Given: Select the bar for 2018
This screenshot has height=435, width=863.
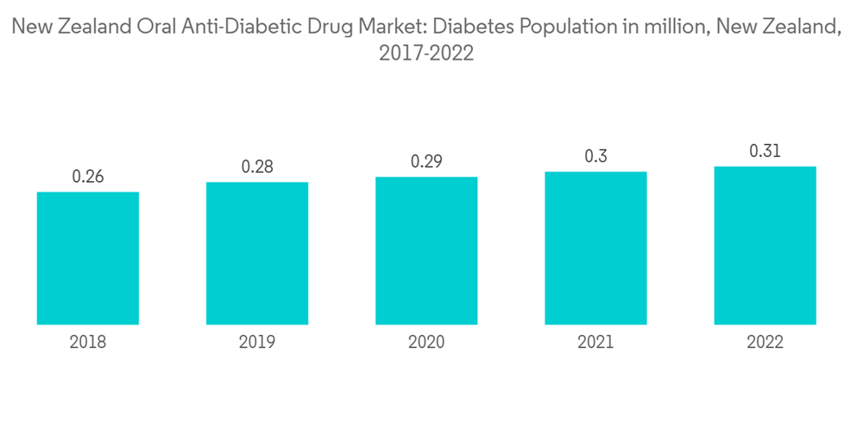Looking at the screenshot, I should click(88, 258).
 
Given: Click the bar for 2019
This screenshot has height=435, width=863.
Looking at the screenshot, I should click(257, 254).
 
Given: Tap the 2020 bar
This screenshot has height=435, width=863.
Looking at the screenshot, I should click(426, 251).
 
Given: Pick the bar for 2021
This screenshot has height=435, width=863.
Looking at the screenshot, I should click(595, 249).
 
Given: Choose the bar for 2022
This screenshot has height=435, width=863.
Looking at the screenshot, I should click(765, 246).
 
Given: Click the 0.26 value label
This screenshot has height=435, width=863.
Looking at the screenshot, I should click(88, 177).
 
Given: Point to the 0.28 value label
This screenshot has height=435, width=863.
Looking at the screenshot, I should click(257, 167).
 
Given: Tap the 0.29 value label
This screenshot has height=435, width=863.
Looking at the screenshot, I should click(426, 161).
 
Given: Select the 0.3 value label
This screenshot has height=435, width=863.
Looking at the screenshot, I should click(595, 156).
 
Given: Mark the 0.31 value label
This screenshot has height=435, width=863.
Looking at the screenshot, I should click(765, 151).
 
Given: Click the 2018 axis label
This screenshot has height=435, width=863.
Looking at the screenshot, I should click(88, 343).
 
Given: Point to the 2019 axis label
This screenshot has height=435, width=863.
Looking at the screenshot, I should click(257, 343).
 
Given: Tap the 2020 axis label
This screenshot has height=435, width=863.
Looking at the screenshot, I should click(426, 343).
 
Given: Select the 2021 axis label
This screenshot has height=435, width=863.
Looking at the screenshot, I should click(595, 343).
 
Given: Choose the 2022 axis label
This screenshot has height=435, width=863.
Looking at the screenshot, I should click(765, 343).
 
